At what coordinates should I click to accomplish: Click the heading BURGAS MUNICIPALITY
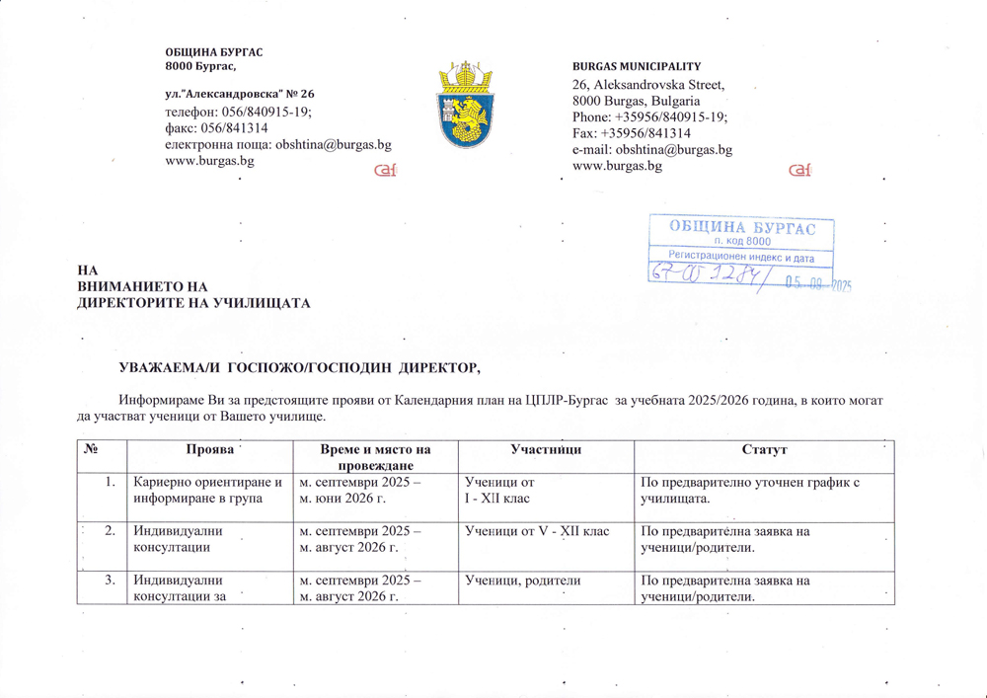(637, 64)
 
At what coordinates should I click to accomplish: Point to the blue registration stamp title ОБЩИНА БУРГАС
(742, 227)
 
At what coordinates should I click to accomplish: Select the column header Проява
(209, 450)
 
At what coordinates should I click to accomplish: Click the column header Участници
(545, 450)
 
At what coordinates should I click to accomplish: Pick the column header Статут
(763, 450)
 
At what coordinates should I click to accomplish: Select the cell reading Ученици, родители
(518, 582)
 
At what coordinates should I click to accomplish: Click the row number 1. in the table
(112, 483)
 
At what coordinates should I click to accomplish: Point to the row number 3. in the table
(112, 582)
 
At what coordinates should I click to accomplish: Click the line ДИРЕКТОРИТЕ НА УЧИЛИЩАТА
(194, 302)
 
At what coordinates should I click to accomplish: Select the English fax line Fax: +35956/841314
(632, 133)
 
